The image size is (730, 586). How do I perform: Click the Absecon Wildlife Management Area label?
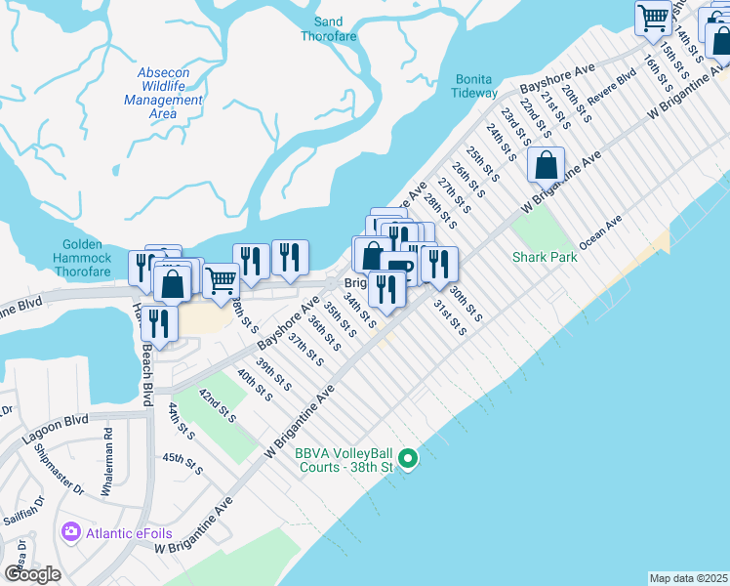click(163, 93)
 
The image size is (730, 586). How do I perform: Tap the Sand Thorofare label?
click(329, 29)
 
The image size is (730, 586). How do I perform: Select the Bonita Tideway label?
click(474, 86)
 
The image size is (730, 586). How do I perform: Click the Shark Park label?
click(545, 257)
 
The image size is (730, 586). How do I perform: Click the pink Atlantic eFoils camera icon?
click(70, 532)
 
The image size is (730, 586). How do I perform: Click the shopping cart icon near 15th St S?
click(653, 16)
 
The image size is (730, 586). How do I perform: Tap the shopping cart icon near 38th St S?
click(222, 280)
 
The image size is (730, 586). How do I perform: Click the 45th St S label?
click(182, 463)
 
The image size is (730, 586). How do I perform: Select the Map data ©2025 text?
click(688, 578)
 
